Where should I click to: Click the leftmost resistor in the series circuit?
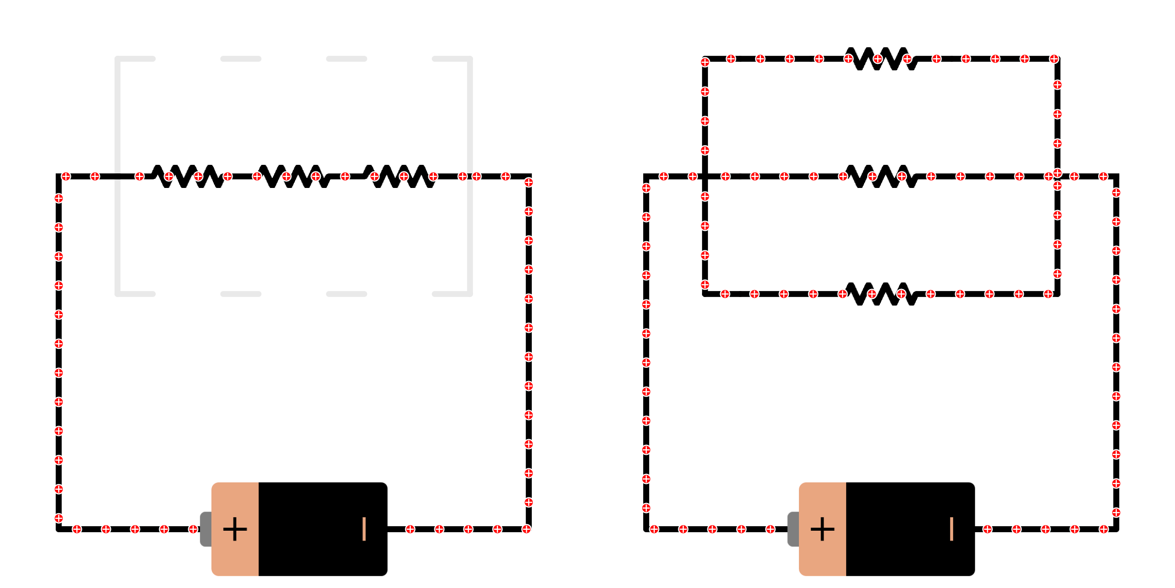[x=188, y=176]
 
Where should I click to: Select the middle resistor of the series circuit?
[x=294, y=176]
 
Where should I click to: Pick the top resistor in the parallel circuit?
[x=882, y=59]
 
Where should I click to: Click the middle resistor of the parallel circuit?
[x=882, y=176]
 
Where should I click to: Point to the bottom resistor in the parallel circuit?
[x=882, y=294]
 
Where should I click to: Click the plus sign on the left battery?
[x=235, y=529]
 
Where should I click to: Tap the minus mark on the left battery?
[x=364, y=529]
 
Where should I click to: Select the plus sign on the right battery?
[x=822, y=529]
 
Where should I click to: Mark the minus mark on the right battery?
[x=952, y=529]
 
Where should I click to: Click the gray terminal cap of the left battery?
[x=206, y=529]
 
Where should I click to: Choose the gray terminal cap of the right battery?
[x=793, y=529]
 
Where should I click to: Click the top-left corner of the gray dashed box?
[x=118, y=59]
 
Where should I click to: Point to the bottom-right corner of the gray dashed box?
[x=470, y=294]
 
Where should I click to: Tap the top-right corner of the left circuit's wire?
[x=529, y=176]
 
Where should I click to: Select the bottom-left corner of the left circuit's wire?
[x=59, y=529]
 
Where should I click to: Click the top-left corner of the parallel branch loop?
[x=705, y=59]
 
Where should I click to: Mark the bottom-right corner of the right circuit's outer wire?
[x=1116, y=529]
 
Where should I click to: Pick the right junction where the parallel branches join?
[x=1057, y=176]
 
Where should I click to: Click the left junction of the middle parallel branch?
[x=705, y=176]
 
